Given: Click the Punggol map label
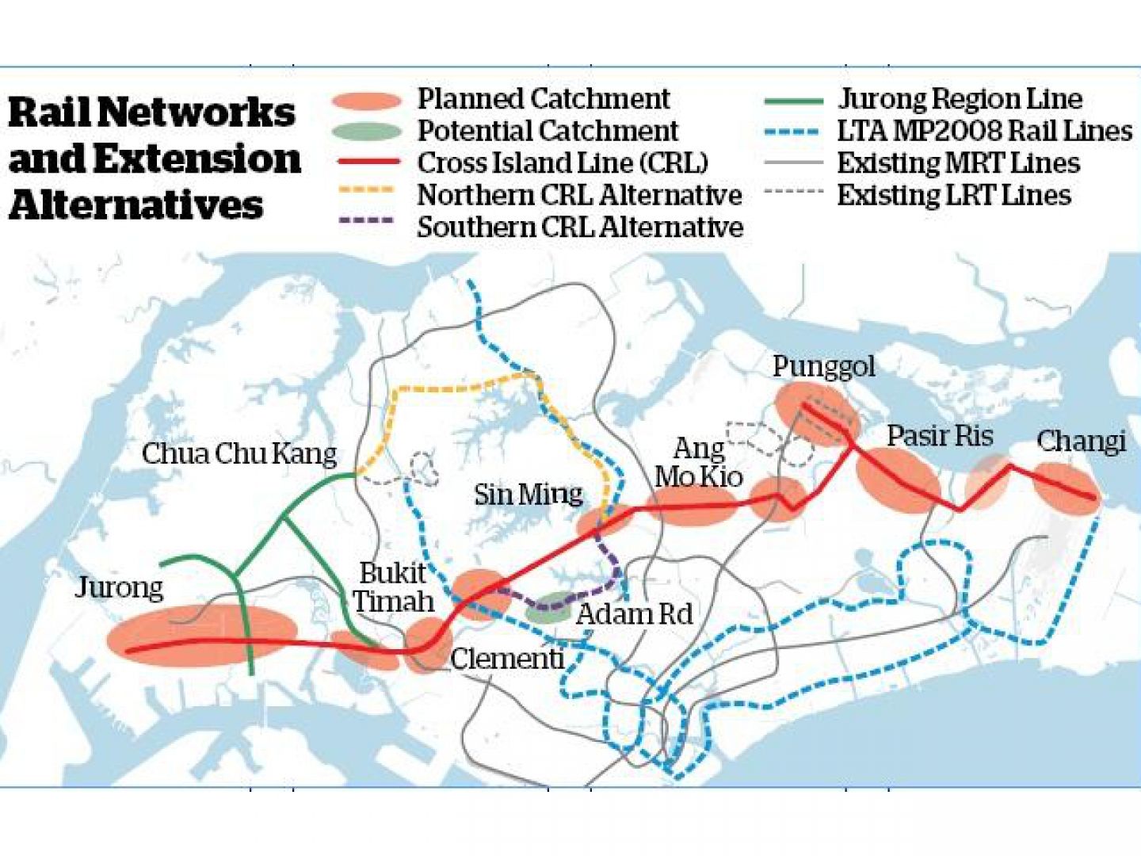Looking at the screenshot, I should click(x=823, y=366).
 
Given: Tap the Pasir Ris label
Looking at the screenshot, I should click(x=939, y=435).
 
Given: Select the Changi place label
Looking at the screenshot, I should click(x=1081, y=441).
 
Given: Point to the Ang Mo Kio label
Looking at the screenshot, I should click(x=698, y=462).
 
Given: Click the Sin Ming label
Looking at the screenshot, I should click(x=528, y=495).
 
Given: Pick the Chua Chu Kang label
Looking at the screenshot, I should click(x=239, y=453).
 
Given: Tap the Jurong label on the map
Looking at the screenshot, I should click(x=119, y=587).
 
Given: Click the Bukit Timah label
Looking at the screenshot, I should click(x=394, y=587).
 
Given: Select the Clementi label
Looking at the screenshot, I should click(x=507, y=658).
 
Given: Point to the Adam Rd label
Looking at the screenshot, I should click(x=634, y=613).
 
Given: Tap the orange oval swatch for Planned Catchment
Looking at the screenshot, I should click(x=367, y=101).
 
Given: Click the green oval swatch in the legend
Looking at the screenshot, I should click(x=367, y=132).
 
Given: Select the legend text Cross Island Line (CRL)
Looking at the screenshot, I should click(x=563, y=162).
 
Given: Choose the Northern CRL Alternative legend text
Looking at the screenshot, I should click(x=579, y=194).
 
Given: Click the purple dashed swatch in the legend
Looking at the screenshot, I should click(x=366, y=221).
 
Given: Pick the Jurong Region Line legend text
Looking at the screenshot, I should click(x=960, y=99).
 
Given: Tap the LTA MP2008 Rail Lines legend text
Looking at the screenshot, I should click(x=985, y=131).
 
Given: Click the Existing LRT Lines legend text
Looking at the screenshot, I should click(x=954, y=195).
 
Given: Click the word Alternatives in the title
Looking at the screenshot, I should click(x=135, y=204).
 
